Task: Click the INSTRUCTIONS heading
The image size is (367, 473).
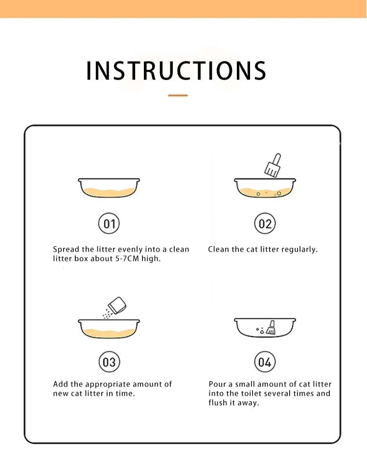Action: [176, 71]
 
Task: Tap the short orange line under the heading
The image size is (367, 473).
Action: [178, 95]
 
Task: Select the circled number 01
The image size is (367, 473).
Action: [109, 223]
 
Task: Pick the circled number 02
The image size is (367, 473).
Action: [265, 223]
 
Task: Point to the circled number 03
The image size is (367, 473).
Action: [109, 362]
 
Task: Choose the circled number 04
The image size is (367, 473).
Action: [265, 362]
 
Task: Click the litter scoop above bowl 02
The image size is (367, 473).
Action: [273, 165]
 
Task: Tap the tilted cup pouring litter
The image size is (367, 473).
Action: [117, 305]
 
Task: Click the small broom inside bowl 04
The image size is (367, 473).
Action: [271, 327]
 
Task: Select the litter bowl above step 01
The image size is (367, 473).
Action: [109, 188]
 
